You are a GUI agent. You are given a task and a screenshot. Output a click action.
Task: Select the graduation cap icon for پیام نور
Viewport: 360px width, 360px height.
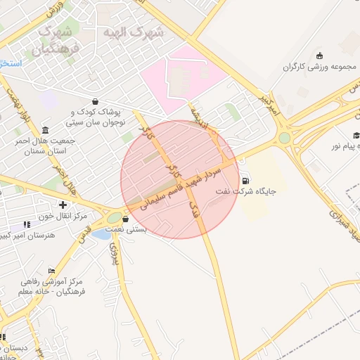[356, 135]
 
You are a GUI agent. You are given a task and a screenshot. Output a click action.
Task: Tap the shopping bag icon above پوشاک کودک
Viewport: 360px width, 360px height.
[95, 101]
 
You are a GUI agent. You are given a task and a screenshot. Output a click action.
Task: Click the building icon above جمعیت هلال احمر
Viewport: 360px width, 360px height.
[46, 130]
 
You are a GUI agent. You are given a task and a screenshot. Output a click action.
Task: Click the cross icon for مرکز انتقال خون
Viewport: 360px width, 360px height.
[63, 205]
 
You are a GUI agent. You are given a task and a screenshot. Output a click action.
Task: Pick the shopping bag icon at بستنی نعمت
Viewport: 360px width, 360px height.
[125, 219]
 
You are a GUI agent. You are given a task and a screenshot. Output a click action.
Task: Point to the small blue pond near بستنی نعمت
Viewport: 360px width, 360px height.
[101, 235]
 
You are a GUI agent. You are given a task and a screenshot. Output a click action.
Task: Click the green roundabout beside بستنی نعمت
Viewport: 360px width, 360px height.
[114, 218]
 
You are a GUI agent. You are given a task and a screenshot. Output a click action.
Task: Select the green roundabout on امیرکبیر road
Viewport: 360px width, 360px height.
[284, 138]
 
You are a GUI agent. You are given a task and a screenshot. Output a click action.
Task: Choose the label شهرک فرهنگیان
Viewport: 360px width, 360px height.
[55, 40]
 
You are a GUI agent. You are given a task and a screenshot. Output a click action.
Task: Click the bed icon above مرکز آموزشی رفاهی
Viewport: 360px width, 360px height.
[51, 271]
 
